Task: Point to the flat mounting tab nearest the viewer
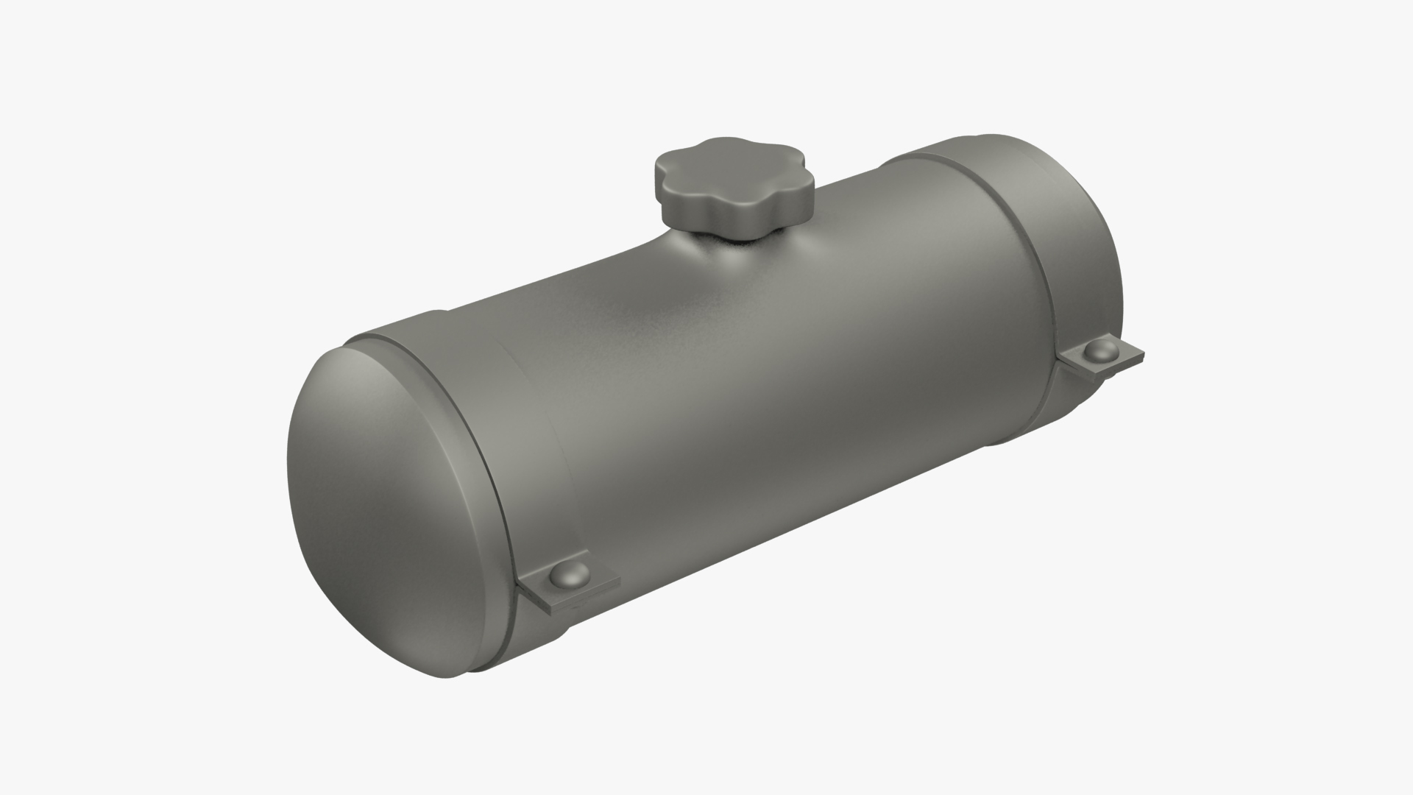tap(589, 582)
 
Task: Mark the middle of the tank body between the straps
tap(773, 368)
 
